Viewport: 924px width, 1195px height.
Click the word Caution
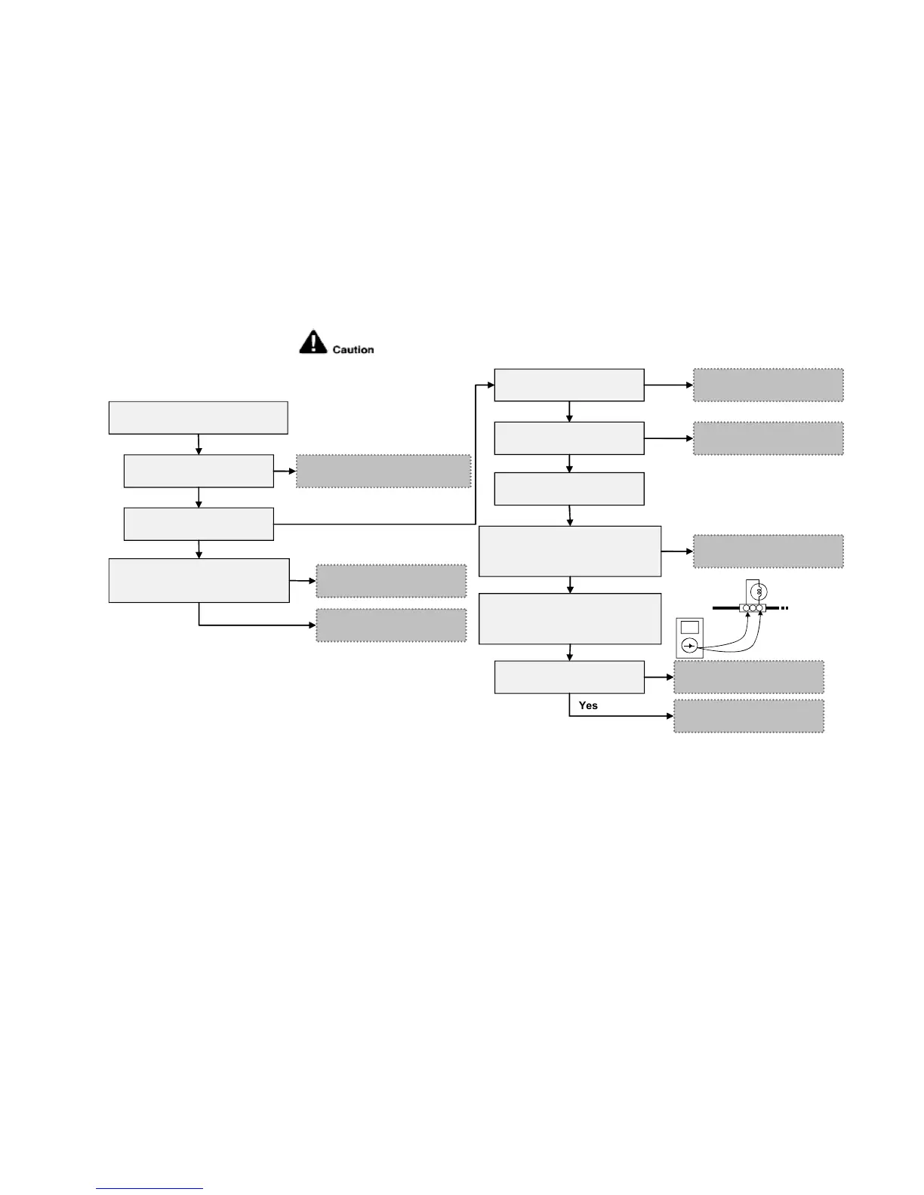(353, 350)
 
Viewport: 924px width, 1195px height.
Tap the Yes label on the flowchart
(588, 705)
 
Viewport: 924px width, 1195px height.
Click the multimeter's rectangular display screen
(689, 627)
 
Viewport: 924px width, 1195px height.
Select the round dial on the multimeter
(689, 646)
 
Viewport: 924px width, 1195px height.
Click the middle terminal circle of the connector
(753, 608)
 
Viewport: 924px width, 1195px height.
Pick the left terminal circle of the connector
(746, 608)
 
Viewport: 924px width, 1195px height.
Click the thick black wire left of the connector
(725, 608)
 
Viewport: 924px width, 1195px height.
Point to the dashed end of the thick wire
(785, 608)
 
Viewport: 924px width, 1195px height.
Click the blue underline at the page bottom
(149, 1188)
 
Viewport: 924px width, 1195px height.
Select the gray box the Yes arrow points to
(748, 716)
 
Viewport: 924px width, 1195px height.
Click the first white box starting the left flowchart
(198, 418)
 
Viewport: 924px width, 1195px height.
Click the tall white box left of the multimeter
(570, 619)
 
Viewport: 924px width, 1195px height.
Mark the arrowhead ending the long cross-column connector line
(490, 386)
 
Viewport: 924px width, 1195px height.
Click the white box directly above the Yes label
(569, 677)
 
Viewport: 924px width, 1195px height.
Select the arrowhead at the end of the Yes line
(670, 716)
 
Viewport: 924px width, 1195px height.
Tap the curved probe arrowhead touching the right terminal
(761, 616)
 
